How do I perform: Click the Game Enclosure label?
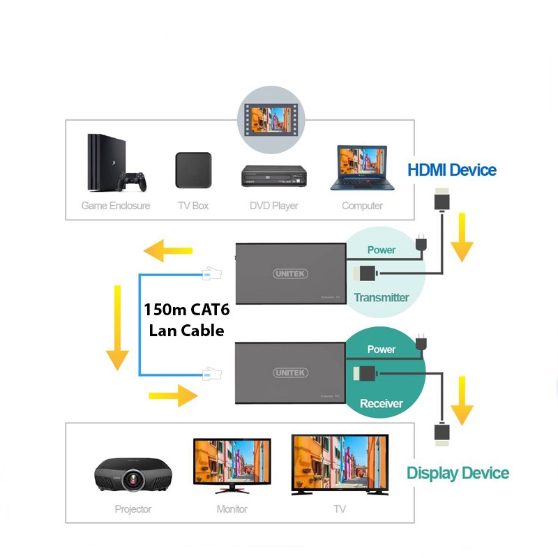pos(116,206)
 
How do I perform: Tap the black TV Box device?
pos(193,170)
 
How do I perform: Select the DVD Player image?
pos(275,176)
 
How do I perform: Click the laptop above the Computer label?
pos(362,168)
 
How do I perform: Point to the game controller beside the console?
pos(132,182)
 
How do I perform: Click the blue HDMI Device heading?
pos(451,169)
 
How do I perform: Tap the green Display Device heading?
pos(458,473)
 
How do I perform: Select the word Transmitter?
pos(381,297)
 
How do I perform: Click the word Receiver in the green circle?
pos(382,403)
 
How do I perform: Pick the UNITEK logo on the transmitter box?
pos(291,274)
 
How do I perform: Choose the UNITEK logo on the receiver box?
pos(291,373)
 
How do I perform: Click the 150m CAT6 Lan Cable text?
pos(187,319)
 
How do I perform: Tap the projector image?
pos(133,476)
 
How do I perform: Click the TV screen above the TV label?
pos(339,462)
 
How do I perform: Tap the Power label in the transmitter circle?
pos(381,250)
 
